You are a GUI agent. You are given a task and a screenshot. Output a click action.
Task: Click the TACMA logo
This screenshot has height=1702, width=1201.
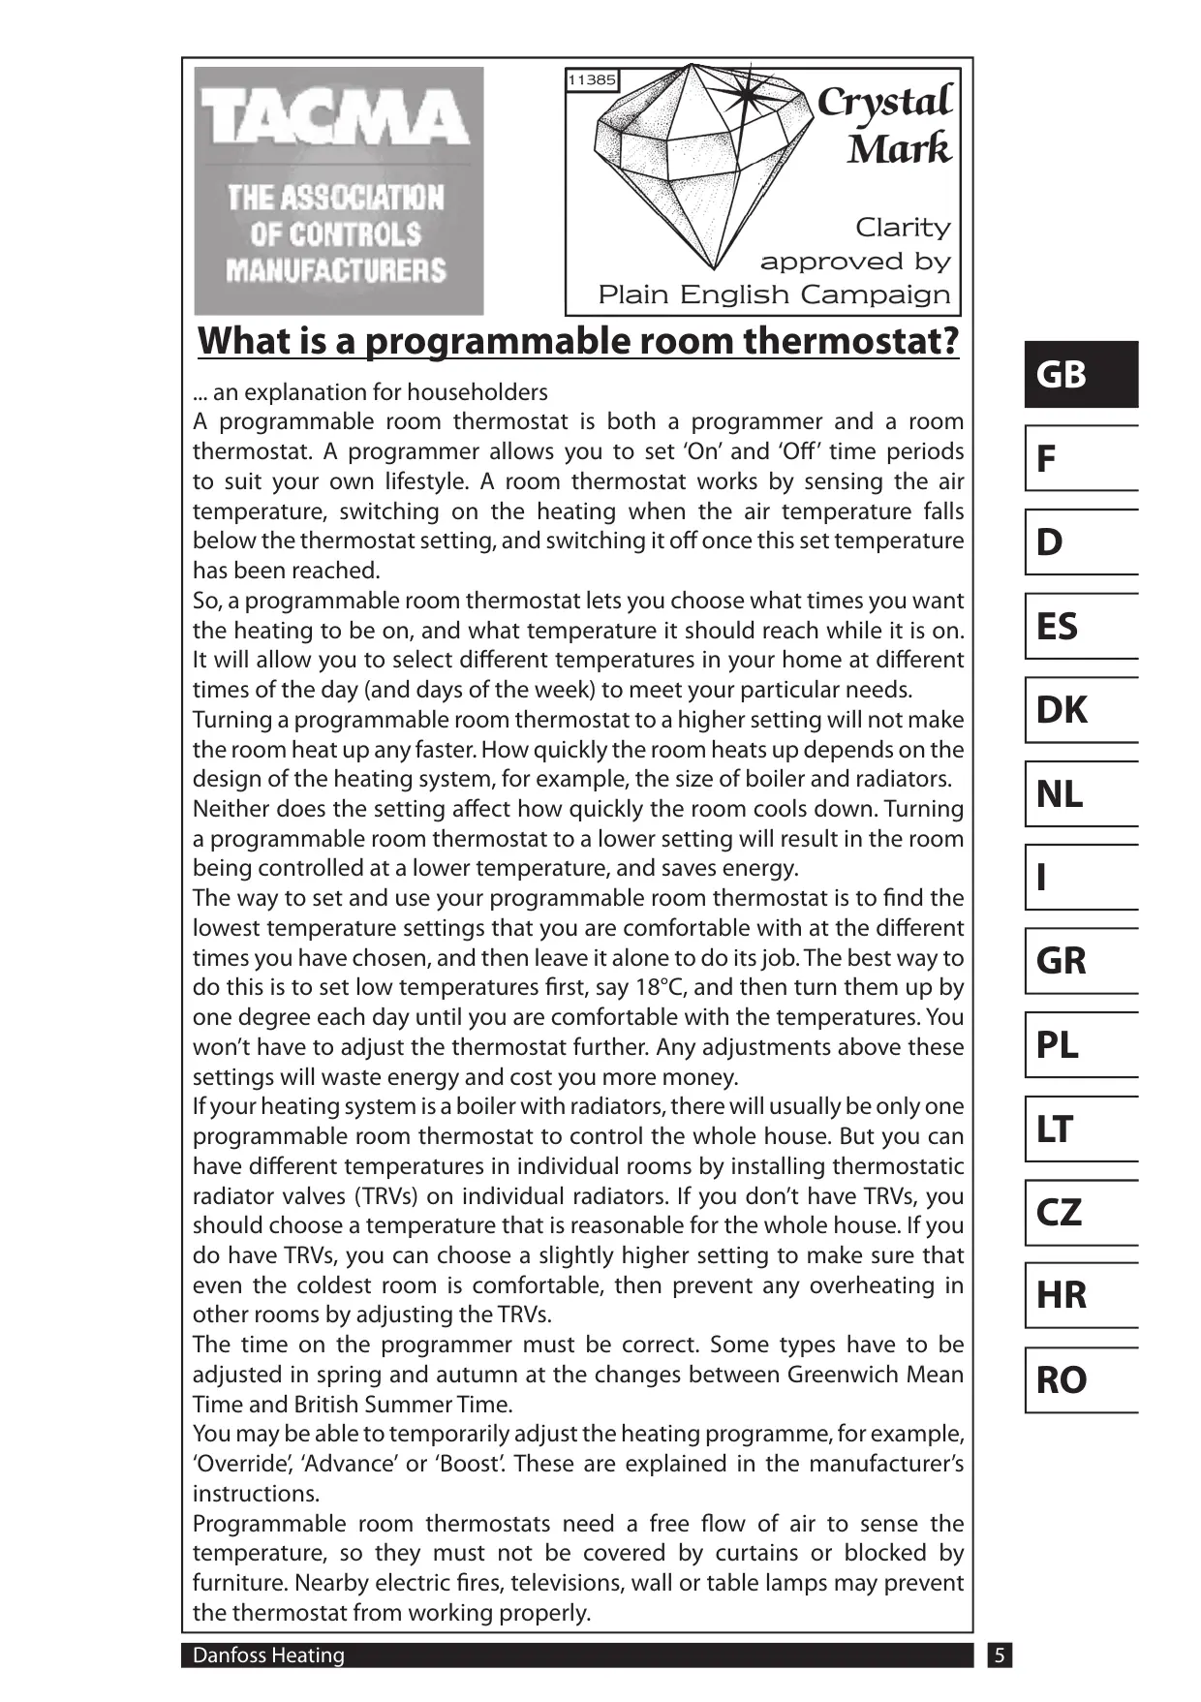[x=338, y=190]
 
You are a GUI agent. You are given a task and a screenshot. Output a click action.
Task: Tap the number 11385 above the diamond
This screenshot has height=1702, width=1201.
[x=591, y=80]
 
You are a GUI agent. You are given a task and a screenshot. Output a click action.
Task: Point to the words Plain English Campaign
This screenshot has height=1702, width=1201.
[x=774, y=294]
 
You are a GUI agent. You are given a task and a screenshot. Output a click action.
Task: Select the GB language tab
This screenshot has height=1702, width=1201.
[x=1080, y=374]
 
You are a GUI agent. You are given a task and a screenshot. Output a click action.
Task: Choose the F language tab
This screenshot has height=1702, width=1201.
[x=1080, y=458]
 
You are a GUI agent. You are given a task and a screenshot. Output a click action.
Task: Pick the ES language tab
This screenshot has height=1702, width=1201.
[x=1080, y=626]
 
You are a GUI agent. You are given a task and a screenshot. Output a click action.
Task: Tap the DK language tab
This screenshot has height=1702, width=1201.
[x=1080, y=710]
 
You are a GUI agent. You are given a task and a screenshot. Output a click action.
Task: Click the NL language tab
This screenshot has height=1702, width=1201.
[x=1080, y=793]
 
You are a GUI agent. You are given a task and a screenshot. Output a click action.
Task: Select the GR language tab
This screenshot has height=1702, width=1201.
[x=1080, y=961]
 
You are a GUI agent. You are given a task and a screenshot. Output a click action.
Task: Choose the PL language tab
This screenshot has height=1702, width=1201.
[x=1080, y=1044]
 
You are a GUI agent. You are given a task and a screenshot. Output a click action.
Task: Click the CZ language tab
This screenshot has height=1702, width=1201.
[x=1080, y=1212]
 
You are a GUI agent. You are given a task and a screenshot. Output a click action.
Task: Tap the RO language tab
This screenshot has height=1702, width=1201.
[x=1080, y=1379]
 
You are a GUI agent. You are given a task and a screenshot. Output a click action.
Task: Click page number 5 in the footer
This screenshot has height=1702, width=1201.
[x=999, y=1656]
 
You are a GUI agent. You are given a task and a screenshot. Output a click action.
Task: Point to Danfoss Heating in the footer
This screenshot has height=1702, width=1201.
[x=268, y=1656]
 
